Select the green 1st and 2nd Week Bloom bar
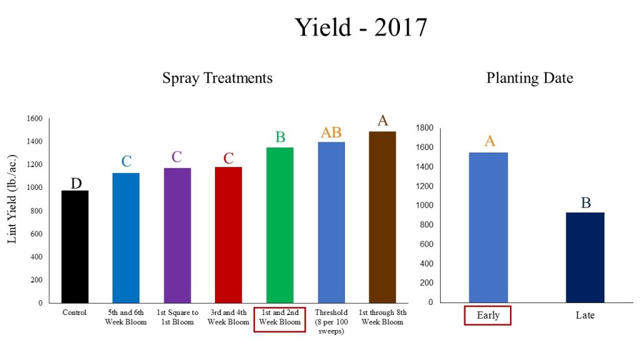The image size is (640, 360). click(279, 225)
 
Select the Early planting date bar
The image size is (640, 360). click(488, 227)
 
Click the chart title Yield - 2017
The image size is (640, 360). click(361, 27)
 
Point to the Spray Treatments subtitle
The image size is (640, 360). click(217, 78)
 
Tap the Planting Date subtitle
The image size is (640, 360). click(529, 78)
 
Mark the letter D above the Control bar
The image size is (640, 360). click(76, 183)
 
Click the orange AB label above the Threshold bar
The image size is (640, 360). click(331, 132)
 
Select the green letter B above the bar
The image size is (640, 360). click(280, 137)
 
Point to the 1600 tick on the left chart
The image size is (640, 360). click(34, 119)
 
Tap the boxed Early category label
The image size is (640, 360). click(488, 315)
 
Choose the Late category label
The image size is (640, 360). click(585, 315)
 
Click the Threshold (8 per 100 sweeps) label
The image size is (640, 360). click(331, 321)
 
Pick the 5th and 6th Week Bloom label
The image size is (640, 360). click(126, 317)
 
